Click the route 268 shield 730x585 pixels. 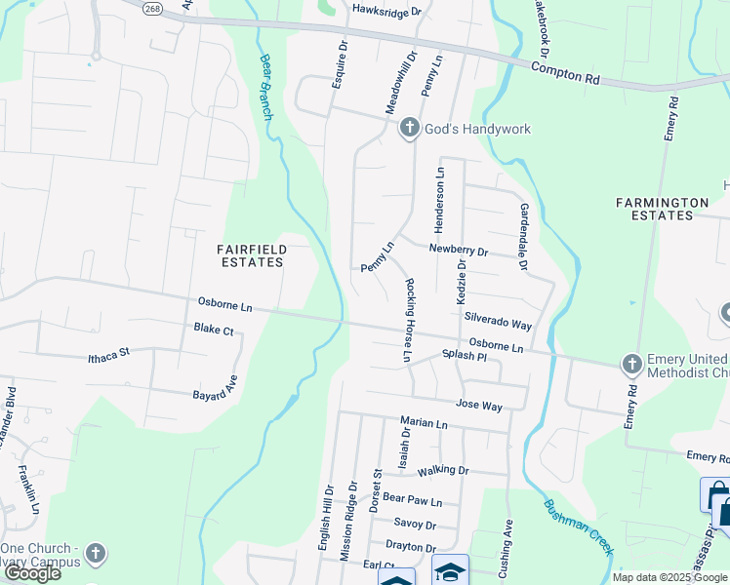(x=153, y=8)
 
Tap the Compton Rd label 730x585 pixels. (x=566, y=68)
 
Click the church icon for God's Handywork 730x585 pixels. (x=410, y=129)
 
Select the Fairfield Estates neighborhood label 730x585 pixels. (x=251, y=256)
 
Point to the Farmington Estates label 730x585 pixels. (x=662, y=209)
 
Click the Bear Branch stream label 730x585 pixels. (x=266, y=87)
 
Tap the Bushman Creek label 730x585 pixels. (x=579, y=527)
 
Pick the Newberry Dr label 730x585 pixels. (x=458, y=251)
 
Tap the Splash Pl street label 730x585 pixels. (x=464, y=357)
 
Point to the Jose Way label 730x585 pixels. (x=478, y=403)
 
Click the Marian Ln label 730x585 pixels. (x=424, y=424)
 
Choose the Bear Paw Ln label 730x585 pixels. (x=412, y=499)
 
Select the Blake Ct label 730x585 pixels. (x=214, y=331)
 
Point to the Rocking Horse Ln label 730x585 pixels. (x=407, y=321)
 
